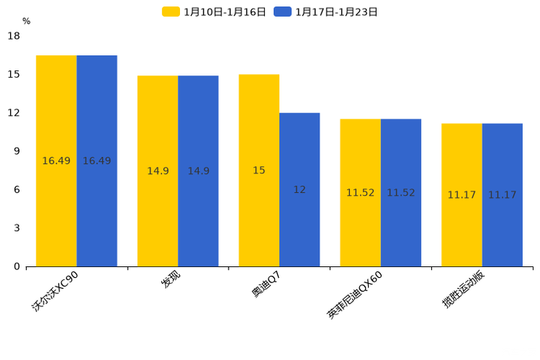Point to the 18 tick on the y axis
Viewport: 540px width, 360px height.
(14, 36)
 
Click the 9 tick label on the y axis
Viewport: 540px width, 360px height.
(17, 151)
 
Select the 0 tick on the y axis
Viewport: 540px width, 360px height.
(17, 266)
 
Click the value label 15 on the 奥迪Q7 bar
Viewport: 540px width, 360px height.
(259, 171)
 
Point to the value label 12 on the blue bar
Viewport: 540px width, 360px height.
(299, 189)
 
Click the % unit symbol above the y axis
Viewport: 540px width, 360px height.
(26, 21)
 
